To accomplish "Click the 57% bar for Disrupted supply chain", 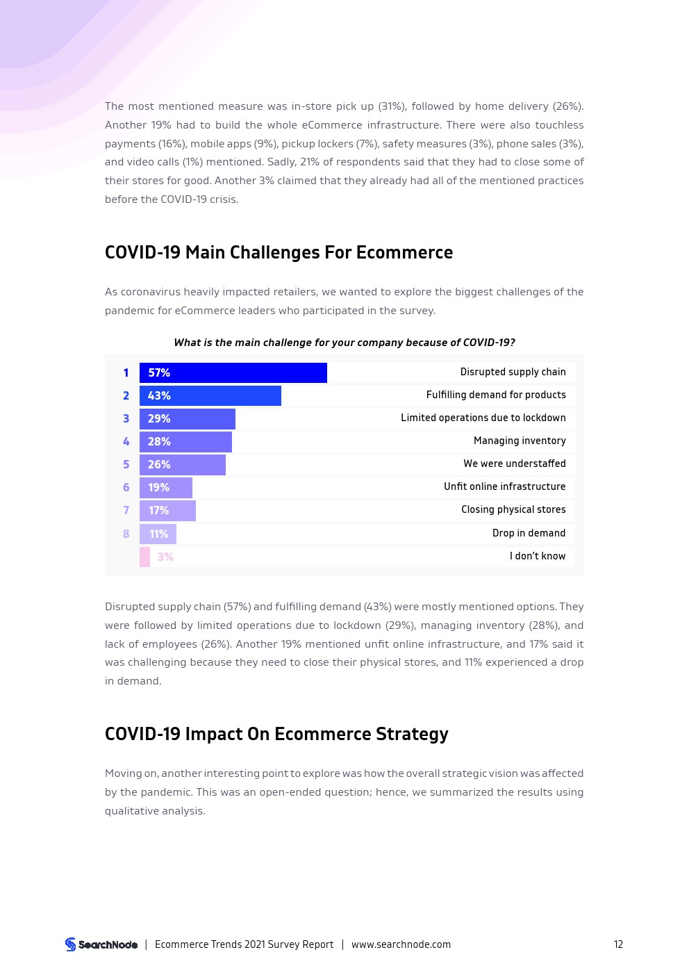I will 233,372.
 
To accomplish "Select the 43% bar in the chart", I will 210,395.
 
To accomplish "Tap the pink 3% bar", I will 144,557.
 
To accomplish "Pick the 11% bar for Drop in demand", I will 158,534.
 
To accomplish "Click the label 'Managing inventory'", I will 520,441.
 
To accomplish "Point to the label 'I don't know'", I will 538,556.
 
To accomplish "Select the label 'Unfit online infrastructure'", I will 505,486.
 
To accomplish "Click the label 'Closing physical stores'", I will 513,509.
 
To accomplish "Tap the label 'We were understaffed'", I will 515,464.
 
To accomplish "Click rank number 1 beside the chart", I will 126,372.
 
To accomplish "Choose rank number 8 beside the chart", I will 126,534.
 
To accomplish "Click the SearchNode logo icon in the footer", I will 70,944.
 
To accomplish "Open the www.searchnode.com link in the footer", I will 401,944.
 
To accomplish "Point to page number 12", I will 618,944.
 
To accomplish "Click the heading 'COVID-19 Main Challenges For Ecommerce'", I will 279,252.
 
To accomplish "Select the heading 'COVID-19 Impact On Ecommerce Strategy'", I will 276,734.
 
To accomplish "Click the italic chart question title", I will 344,342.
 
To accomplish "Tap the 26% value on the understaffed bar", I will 159,464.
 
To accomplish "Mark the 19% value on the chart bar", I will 158,487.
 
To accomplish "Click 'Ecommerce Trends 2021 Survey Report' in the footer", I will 244,944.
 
